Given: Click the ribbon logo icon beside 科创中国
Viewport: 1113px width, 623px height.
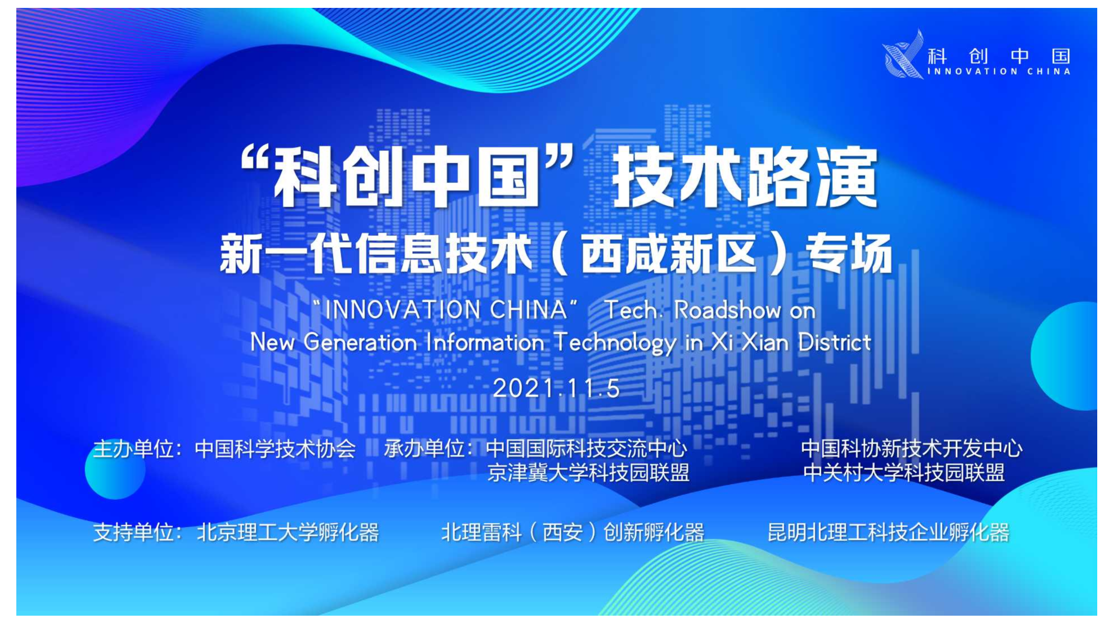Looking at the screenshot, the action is pos(903,55).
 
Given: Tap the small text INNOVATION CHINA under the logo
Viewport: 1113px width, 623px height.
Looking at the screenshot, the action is pos(999,71).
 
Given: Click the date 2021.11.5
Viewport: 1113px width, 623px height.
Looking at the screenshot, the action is pos(556,388).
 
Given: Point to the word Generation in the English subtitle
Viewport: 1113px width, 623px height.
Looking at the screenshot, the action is pos(360,342).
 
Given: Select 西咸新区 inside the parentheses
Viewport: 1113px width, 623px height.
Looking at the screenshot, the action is pos(668,254).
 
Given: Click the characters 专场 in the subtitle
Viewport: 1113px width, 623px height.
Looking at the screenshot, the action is pos(849,254).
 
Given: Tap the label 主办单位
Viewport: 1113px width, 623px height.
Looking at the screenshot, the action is pos(133,449).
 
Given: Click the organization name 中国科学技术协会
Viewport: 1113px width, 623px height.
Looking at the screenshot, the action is pos(275,449).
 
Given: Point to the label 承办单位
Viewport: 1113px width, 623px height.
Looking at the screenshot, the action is pos(424,449).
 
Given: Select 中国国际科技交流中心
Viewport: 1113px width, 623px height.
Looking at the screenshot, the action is pos(587,449).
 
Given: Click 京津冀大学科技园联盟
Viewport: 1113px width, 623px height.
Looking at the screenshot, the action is pos(588,473).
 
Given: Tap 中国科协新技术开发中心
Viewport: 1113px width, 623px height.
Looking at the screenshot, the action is pos(911,449).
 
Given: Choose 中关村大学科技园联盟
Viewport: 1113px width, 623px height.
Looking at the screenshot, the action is pos(904,473).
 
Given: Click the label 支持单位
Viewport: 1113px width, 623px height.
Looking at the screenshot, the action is pos(133,532).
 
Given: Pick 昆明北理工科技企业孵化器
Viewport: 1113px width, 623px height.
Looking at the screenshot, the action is pos(888,532).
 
